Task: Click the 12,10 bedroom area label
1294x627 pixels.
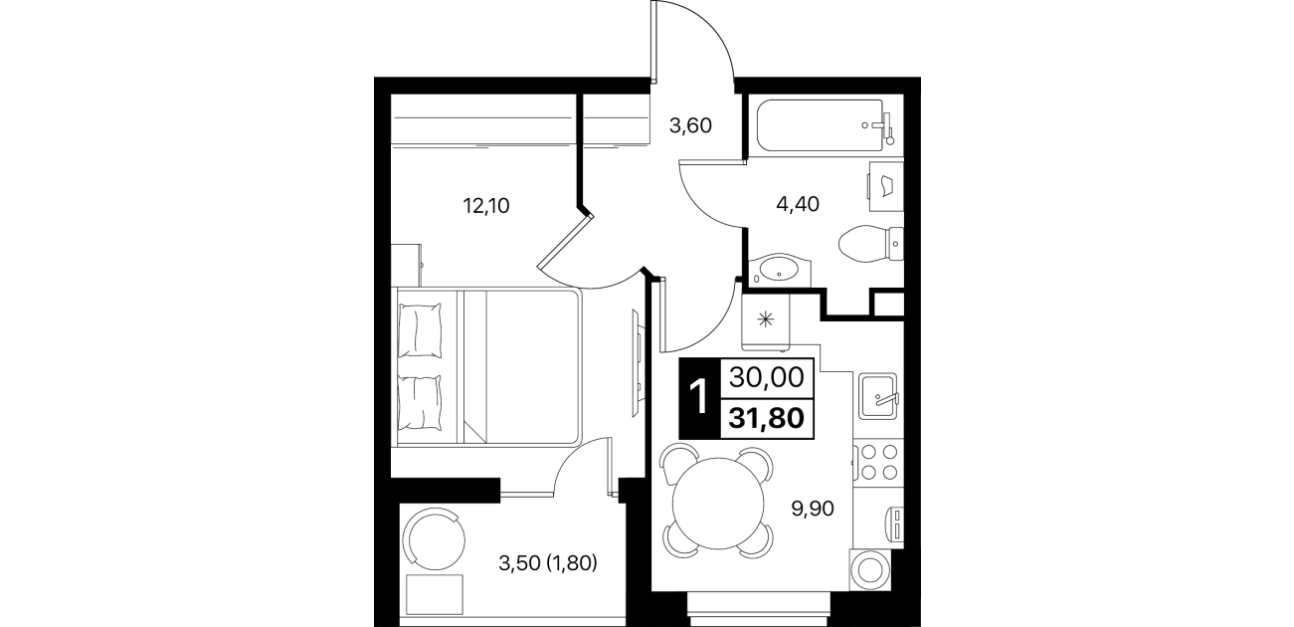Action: pyautogui.click(x=486, y=206)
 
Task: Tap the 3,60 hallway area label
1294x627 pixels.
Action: pyautogui.click(x=690, y=125)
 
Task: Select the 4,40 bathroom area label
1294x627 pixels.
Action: pyautogui.click(x=798, y=204)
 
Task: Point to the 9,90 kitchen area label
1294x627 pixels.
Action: pyautogui.click(x=813, y=509)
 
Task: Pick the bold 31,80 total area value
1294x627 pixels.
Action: pyautogui.click(x=767, y=417)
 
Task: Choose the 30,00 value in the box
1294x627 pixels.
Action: pyautogui.click(x=767, y=378)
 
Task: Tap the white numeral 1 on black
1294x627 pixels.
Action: pyautogui.click(x=699, y=397)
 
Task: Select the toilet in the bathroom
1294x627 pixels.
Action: pyautogui.click(x=870, y=244)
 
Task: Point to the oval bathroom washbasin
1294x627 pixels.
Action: pyautogui.click(x=780, y=270)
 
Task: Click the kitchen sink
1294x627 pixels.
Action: pyautogui.click(x=877, y=396)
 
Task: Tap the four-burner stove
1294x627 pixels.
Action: pyautogui.click(x=878, y=462)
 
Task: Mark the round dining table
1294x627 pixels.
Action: pyautogui.click(x=718, y=504)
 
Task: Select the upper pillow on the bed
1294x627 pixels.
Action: pyautogui.click(x=421, y=330)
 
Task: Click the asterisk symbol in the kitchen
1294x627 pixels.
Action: pyautogui.click(x=766, y=319)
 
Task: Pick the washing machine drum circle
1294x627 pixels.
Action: pyautogui.click(x=869, y=570)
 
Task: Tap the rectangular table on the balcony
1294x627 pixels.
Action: pyautogui.click(x=435, y=594)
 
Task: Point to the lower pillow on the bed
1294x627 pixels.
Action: pyautogui.click(x=421, y=402)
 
